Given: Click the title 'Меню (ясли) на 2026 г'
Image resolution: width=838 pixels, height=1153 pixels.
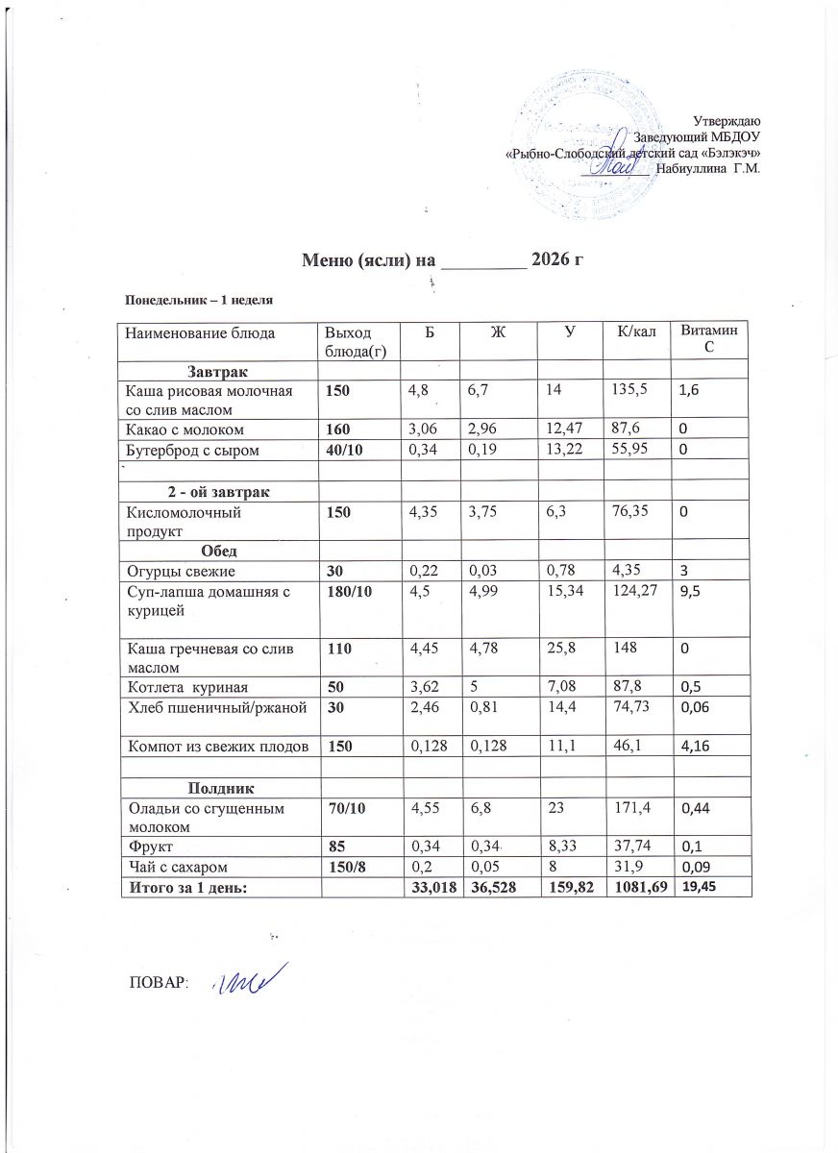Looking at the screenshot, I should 444,259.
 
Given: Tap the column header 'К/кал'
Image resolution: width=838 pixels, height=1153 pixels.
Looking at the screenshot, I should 636,332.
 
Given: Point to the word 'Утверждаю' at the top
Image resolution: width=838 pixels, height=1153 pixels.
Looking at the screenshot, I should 727,121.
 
